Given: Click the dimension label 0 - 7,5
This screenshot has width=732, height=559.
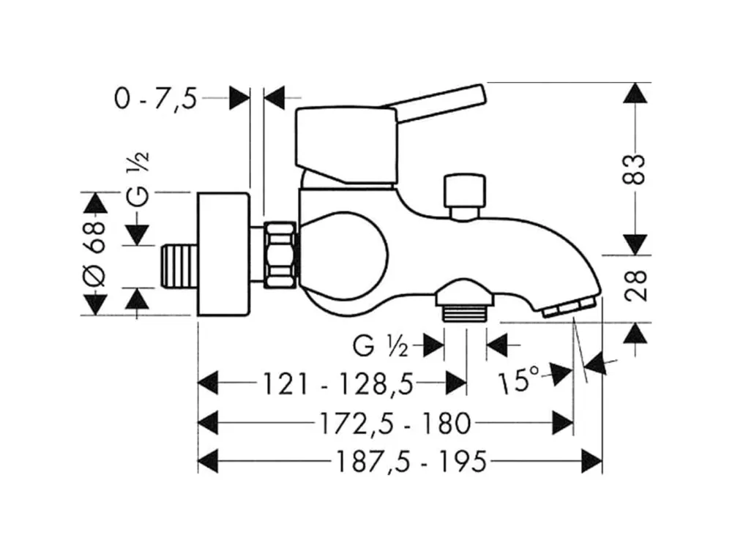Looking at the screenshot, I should click(x=156, y=98).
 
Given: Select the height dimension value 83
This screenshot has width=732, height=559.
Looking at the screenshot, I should click(x=638, y=169).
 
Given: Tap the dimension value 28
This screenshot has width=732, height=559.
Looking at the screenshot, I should click(x=638, y=287).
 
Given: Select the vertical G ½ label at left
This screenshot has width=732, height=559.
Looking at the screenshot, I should click(x=139, y=176).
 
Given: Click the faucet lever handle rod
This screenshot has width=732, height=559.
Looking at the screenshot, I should click(x=439, y=102).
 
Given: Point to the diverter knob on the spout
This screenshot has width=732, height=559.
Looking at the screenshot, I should click(x=464, y=192).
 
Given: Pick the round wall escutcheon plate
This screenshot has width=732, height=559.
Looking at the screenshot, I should click(x=223, y=254).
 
